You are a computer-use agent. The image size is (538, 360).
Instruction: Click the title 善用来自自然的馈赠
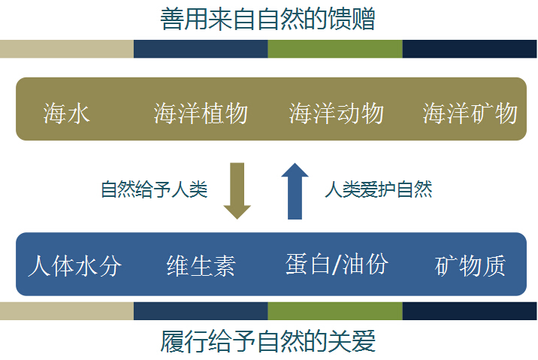click(267, 19)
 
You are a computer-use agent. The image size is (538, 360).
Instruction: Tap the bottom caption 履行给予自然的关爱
click(267, 341)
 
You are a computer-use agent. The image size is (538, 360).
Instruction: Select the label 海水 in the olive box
click(67, 113)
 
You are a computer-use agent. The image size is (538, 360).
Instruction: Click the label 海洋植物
click(201, 113)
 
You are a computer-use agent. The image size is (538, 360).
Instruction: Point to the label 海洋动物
click(336, 113)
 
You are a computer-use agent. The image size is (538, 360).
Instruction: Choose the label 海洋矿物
click(470, 113)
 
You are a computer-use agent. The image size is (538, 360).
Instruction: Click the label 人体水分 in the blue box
click(75, 265)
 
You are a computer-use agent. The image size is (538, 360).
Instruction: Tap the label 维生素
click(201, 265)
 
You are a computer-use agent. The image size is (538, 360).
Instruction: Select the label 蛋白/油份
click(337, 264)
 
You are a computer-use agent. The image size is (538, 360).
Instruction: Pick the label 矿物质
click(470, 265)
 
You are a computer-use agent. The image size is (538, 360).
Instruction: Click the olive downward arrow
click(237, 191)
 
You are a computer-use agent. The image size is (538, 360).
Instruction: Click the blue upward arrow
click(295, 191)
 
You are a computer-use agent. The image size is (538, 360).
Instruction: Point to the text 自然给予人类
click(154, 189)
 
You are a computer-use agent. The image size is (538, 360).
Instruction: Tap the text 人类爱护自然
click(379, 189)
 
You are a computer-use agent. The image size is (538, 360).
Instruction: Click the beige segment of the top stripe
click(67, 49)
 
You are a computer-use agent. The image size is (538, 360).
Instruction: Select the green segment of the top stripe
click(335, 49)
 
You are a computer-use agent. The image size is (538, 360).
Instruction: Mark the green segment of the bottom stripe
click(335, 311)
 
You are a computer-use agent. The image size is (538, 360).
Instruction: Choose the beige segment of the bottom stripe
click(67, 311)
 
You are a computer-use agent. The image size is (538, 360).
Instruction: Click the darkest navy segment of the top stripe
click(470, 49)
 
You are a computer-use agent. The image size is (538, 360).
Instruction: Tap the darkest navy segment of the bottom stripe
click(470, 311)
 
